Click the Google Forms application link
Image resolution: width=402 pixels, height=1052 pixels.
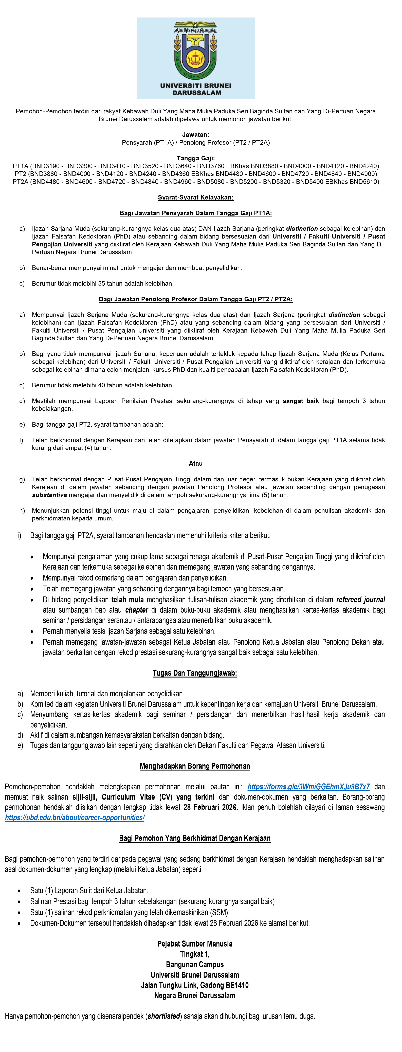point(308,787)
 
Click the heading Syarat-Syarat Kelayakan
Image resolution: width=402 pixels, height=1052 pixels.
point(196,198)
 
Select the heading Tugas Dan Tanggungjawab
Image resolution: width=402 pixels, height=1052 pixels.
point(195,673)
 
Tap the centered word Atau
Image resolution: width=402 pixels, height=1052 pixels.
point(196,464)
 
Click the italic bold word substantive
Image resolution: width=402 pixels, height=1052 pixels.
point(49,495)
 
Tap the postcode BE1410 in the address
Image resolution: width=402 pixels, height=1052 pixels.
point(234,985)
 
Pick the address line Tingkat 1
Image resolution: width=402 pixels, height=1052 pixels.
point(195,954)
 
